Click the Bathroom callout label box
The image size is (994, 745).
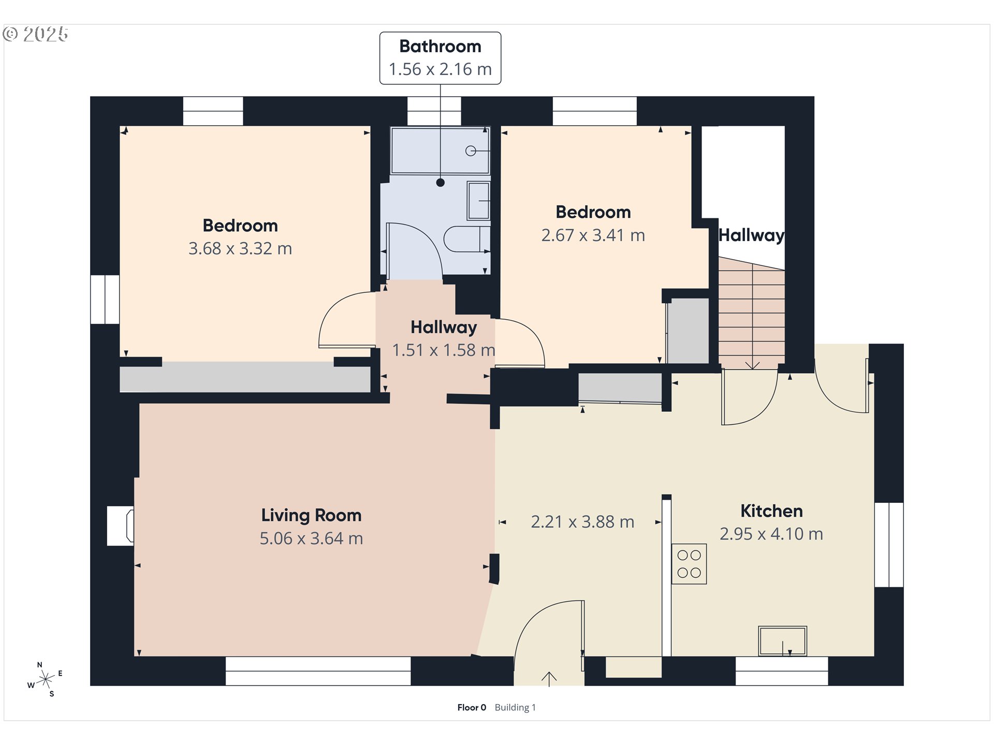pyautogui.click(x=440, y=58)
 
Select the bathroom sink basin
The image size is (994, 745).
pyautogui.click(x=478, y=200)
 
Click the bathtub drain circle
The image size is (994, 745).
pyautogui.click(x=470, y=151)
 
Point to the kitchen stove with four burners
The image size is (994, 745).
pyautogui.click(x=689, y=564)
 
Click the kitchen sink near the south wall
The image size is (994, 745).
pyautogui.click(x=782, y=640)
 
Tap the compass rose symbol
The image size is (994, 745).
pyautogui.click(x=46, y=679)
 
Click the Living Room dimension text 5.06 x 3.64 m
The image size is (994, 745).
pyautogui.click(x=311, y=539)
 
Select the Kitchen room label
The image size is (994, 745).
pyautogui.click(x=771, y=511)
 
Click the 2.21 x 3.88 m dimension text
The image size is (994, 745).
pyautogui.click(x=582, y=522)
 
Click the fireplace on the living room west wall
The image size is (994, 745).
pyautogui.click(x=120, y=526)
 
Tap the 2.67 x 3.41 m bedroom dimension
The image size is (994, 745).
pyautogui.click(x=593, y=235)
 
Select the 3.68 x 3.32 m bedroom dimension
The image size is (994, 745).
pyautogui.click(x=240, y=249)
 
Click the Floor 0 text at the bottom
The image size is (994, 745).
pyautogui.click(x=472, y=707)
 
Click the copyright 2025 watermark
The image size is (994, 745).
pyautogui.click(x=35, y=34)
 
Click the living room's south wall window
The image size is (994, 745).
pyautogui.click(x=318, y=671)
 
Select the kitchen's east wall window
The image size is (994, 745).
pyautogui.click(x=889, y=545)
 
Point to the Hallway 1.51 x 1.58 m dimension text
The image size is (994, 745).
pyautogui.click(x=444, y=350)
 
